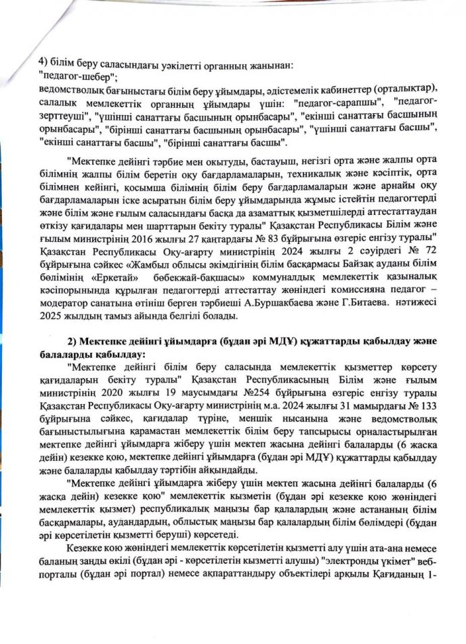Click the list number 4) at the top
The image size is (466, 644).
point(44,66)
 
